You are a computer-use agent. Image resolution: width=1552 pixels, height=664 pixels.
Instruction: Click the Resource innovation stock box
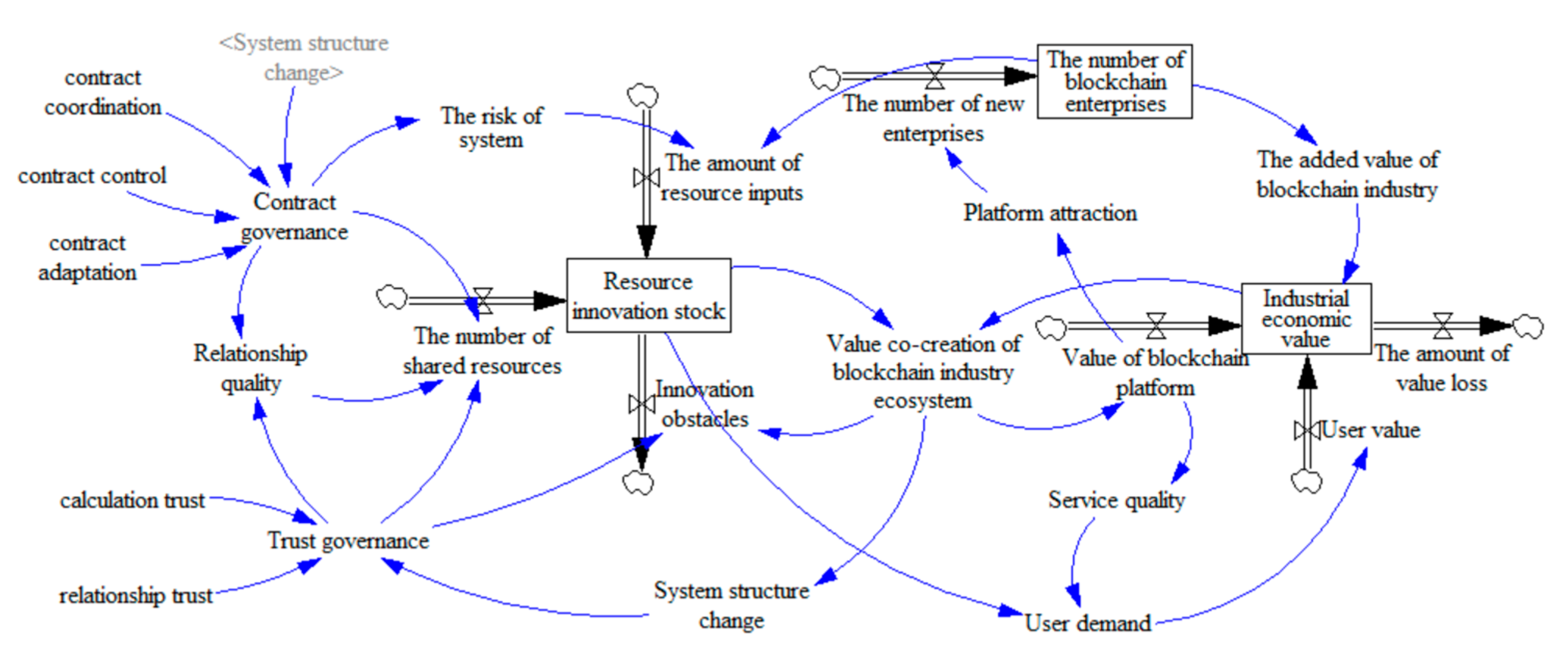[x=648, y=295]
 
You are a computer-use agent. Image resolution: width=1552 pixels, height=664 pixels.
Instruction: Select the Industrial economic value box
[x=1306, y=318]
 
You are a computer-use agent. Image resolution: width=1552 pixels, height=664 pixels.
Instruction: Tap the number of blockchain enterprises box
[x=1115, y=81]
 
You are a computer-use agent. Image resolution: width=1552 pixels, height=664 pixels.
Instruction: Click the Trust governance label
[x=348, y=540]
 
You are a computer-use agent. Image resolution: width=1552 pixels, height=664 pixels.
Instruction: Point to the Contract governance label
[x=294, y=216]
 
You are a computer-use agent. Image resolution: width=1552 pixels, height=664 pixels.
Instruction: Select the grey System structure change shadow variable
[x=304, y=57]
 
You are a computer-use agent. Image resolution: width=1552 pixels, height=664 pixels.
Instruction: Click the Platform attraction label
[x=1050, y=213]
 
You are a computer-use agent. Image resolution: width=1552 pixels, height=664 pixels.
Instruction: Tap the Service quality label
[x=1117, y=500]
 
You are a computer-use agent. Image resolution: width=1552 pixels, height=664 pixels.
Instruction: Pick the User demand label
[x=1088, y=623]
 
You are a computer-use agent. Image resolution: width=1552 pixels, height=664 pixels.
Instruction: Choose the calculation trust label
[x=132, y=500]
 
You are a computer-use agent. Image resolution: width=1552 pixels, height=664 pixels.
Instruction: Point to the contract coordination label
[x=102, y=92]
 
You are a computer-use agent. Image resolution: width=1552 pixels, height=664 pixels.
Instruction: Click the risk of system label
[x=491, y=127]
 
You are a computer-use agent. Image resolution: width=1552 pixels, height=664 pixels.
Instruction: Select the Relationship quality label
[x=250, y=368]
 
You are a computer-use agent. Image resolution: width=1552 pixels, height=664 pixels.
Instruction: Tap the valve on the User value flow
[x=1306, y=430]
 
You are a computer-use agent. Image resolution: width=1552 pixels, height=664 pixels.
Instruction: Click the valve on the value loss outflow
[x=1442, y=325]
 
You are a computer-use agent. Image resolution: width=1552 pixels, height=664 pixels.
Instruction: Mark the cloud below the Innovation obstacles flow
[x=638, y=483]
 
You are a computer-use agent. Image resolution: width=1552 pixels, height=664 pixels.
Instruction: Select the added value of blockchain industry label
[x=1347, y=174]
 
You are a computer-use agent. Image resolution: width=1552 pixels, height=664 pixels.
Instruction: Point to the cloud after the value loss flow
[x=1528, y=326]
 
